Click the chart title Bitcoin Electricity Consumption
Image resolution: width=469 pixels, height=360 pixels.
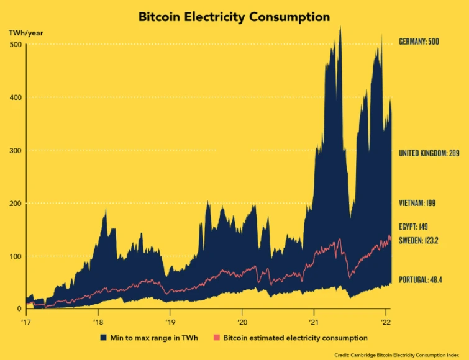[234, 17]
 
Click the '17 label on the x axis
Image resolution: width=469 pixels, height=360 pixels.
[27, 323]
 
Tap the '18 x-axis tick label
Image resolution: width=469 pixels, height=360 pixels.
[98, 323]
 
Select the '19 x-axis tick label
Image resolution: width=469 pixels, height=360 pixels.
[170, 323]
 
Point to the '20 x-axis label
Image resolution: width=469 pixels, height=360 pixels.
[242, 323]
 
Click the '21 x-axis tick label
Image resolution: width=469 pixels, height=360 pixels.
[314, 323]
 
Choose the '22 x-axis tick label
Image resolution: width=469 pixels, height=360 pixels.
[385, 323]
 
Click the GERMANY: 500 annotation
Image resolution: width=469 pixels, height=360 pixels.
[423, 42]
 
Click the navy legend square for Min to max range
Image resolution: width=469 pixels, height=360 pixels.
[103, 338]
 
